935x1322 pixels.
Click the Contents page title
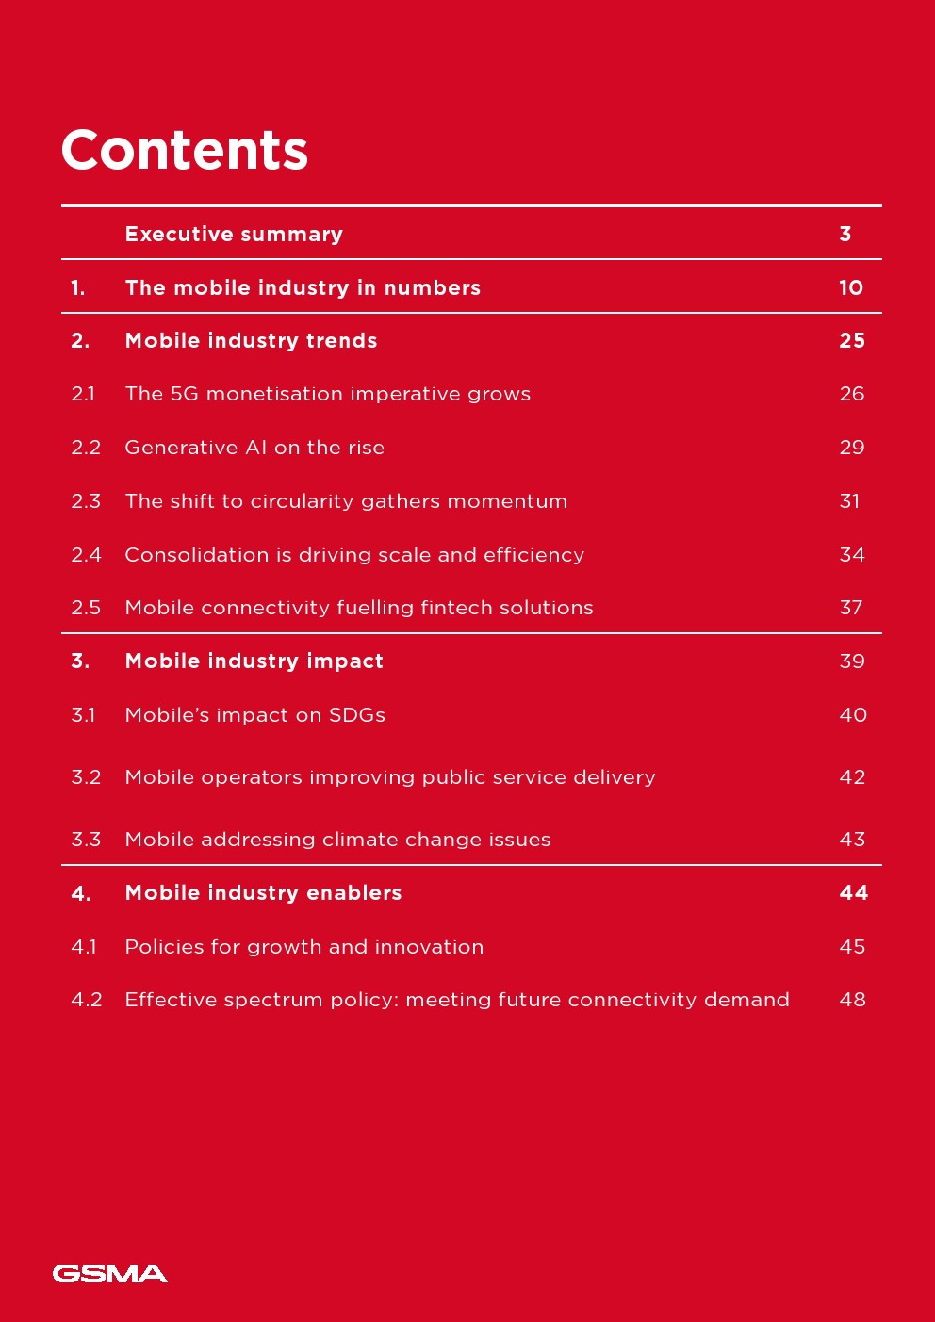(185, 150)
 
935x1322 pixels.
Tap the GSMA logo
(110, 1274)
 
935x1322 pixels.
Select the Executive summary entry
(234, 234)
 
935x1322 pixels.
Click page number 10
(851, 287)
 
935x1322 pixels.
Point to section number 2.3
(86, 501)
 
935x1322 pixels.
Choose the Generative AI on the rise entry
(254, 448)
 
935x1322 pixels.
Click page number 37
(851, 608)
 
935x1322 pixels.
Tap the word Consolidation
(196, 555)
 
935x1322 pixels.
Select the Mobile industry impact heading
(254, 661)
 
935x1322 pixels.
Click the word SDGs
(357, 715)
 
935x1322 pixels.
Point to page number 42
(852, 777)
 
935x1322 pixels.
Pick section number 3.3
(86, 840)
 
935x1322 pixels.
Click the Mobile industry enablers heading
(263, 893)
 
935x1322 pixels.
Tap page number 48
(852, 1000)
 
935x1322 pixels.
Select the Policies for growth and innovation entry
(303, 947)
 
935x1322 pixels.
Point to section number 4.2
(87, 1000)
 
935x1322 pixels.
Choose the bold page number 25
(852, 341)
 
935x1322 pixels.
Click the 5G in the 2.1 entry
(184, 394)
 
